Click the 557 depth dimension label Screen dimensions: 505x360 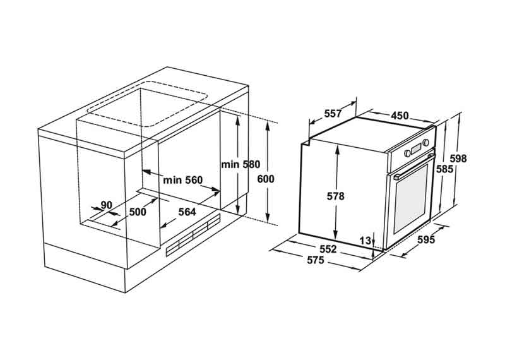pos(333,114)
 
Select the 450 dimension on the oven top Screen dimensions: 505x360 pos(400,116)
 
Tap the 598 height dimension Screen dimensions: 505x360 pos(458,159)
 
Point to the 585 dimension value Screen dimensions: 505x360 pos(444,169)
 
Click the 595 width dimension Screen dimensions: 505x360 pos(426,239)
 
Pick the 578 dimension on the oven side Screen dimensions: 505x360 pos(336,196)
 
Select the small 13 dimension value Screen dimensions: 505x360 pos(365,241)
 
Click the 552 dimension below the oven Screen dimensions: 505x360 pos(328,249)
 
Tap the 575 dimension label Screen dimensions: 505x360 pos(316,260)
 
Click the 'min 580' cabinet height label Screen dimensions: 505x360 pos(241,164)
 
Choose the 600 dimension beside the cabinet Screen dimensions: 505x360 pos(266,179)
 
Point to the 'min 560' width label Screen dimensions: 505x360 pos(182,180)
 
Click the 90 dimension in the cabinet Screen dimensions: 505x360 pos(106,205)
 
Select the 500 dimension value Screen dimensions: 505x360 pos(138,212)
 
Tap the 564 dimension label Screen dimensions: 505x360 pos(187,212)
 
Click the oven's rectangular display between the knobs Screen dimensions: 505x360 pos(416,148)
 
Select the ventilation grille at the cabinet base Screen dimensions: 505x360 pos(193,234)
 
